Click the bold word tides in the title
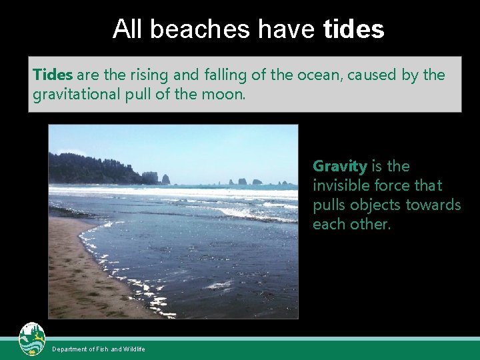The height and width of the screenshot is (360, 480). [353, 29]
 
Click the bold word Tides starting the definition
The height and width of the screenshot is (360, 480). [52, 75]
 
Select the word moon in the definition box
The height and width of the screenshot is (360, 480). [227, 95]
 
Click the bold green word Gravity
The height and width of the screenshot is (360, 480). [339, 166]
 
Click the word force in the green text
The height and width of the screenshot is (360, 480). [399, 185]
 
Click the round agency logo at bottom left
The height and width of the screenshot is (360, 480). [32, 339]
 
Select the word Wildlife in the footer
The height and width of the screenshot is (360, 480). [134, 349]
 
